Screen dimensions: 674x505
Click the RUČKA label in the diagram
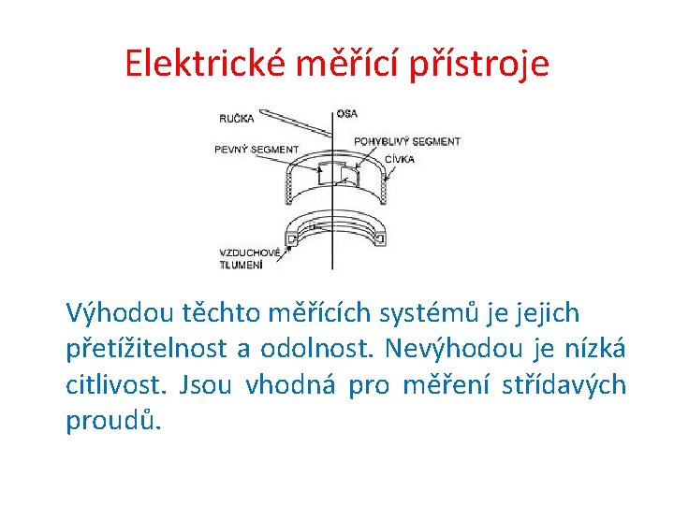237,119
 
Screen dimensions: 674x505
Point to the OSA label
346,113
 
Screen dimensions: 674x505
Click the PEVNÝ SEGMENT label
256,150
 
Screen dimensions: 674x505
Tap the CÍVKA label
398,159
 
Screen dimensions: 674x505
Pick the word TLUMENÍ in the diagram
242,265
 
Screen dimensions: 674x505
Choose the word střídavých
567,385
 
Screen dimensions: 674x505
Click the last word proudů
112,422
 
